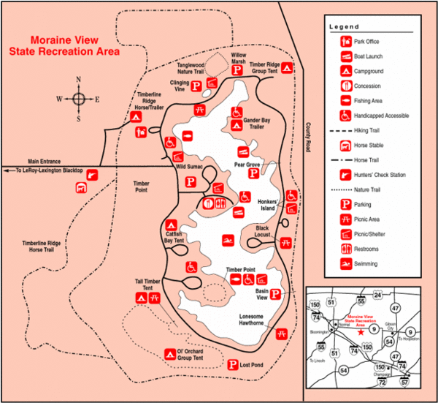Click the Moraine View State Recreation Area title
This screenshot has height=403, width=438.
75,46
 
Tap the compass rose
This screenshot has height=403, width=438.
79,98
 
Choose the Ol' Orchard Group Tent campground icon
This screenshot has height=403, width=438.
171,354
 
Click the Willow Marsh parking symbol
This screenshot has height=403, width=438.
237,69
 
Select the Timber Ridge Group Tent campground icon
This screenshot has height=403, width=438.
288,68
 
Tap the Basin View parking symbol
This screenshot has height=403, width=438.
276,295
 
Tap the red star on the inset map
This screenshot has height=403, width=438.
362,331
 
